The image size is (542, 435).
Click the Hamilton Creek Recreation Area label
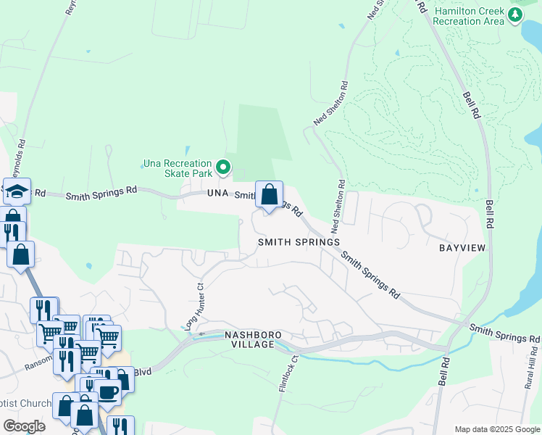[469, 16]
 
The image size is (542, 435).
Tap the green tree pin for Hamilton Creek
[515, 14]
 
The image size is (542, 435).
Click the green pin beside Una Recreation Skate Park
[223, 168]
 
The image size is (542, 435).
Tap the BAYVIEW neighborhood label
[462, 247]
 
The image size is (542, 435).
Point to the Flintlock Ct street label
[286, 373]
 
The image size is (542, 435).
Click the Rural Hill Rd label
[531, 376]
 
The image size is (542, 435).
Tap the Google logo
[24, 426]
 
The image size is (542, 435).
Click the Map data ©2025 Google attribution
[496, 429]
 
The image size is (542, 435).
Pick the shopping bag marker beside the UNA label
[269, 195]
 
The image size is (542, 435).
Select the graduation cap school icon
[17, 191]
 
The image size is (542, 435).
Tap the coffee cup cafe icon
[108, 392]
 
